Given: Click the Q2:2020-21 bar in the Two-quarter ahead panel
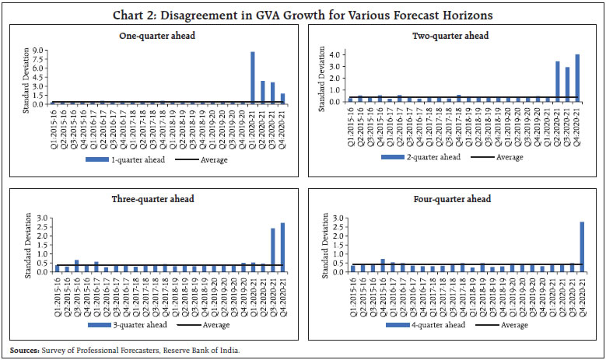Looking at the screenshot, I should click(x=558, y=82).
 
